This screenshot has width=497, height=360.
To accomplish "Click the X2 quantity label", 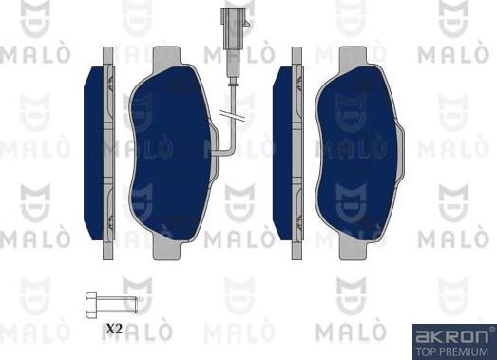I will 114,329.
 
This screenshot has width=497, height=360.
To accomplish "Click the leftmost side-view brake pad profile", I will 99,152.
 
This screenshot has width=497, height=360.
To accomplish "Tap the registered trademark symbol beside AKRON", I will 490,331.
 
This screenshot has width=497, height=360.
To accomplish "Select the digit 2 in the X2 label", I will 120,329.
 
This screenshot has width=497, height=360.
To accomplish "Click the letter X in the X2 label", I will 109,329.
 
